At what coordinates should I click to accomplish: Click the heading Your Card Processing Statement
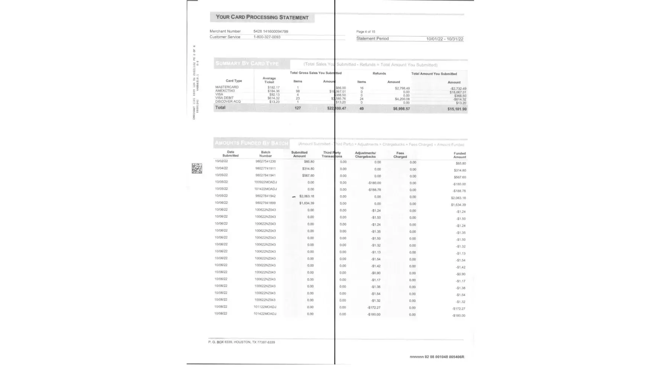(262, 17)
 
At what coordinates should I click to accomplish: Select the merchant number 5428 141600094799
(271, 32)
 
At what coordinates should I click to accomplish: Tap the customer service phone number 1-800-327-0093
(267, 37)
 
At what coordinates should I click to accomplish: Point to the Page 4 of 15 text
(365, 32)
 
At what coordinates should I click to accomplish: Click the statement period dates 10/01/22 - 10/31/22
(445, 39)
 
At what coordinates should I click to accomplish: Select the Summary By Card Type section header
(247, 64)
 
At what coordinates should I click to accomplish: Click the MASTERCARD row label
(227, 87)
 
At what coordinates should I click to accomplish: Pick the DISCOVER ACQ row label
(228, 102)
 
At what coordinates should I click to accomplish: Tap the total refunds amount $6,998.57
(401, 109)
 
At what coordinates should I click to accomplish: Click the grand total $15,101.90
(457, 109)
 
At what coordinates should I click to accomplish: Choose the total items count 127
(297, 108)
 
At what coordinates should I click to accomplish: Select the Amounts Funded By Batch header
(251, 143)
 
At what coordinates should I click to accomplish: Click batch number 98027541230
(265, 161)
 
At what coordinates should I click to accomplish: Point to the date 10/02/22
(221, 161)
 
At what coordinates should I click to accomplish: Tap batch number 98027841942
(265, 196)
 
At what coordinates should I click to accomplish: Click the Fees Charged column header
(400, 155)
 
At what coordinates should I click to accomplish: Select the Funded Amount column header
(460, 155)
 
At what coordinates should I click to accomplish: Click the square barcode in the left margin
(197, 168)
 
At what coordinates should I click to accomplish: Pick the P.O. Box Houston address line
(242, 342)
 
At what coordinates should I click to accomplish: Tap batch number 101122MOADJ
(265, 307)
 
